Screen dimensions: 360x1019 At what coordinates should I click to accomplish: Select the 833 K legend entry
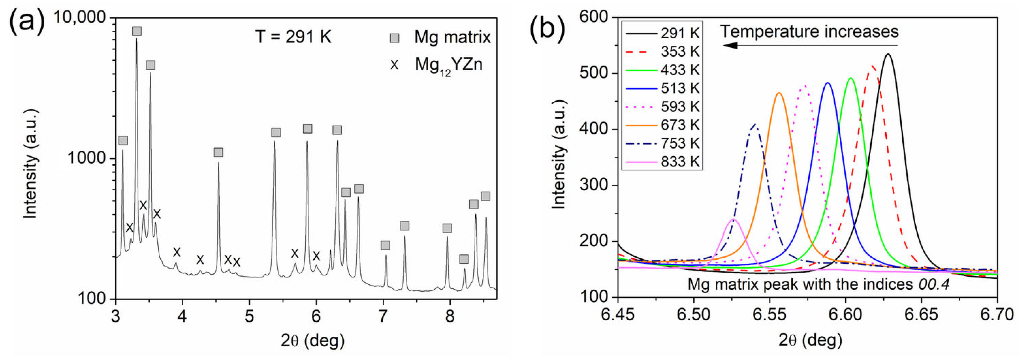click(680, 161)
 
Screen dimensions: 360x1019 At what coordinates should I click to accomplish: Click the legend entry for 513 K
click(680, 88)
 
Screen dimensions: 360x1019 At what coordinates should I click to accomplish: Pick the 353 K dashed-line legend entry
click(680, 51)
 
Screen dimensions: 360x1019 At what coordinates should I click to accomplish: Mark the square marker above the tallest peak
click(137, 31)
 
